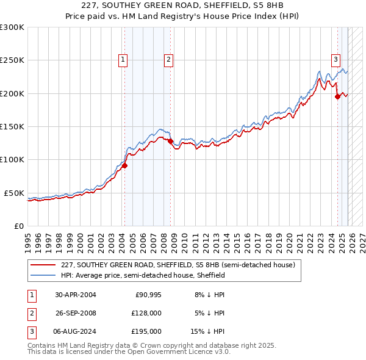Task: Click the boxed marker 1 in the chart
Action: [x=123, y=59]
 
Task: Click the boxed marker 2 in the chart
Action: [x=168, y=59]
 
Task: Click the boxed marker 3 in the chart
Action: [x=335, y=59]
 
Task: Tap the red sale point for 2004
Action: [x=124, y=165]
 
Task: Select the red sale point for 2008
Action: [x=171, y=141]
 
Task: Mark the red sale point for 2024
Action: [x=337, y=96]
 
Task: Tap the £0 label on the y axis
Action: [x=18, y=226]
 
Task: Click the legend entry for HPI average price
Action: [x=143, y=276]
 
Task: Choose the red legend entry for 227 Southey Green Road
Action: [x=178, y=265]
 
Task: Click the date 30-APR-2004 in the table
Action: [x=76, y=295]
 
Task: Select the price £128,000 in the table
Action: [x=146, y=313]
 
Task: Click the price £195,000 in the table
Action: [x=146, y=331]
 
